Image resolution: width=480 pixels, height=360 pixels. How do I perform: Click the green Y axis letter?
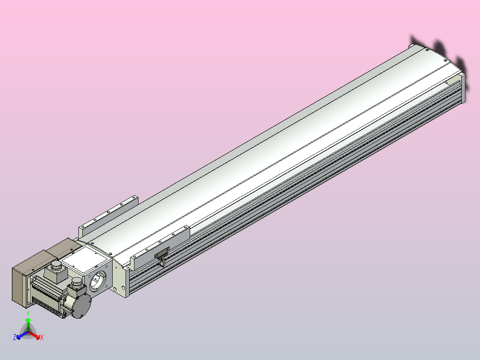(x=28, y=314)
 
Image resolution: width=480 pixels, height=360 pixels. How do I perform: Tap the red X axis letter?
(x=41, y=338)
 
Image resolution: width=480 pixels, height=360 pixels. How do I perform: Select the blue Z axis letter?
(x=15, y=338)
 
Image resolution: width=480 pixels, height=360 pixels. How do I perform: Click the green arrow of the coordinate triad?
(x=28, y=322)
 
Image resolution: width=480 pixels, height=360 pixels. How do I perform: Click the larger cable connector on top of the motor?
(x=56, y=270)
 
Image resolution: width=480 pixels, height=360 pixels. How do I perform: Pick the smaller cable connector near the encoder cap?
(x=77, y=283)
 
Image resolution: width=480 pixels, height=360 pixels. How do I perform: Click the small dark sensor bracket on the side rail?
(x=161, y=256)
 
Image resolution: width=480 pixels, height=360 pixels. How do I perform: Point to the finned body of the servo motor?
(x=47, y=296)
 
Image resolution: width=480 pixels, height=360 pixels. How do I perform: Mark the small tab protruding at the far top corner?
(x=412, y=46)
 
